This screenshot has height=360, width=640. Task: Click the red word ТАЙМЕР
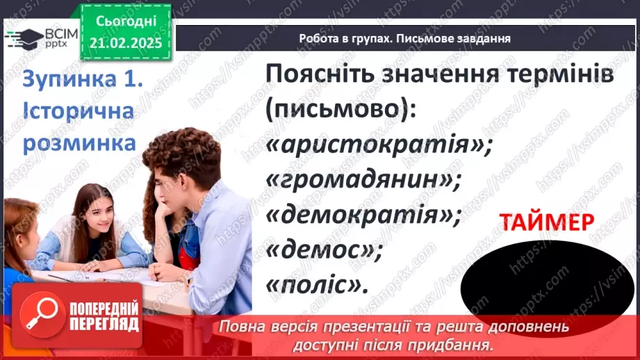pyautogui.click(x=546, y=222)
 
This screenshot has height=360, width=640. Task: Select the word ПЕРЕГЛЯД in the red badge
pyautogui.click(x=104, y=325)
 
